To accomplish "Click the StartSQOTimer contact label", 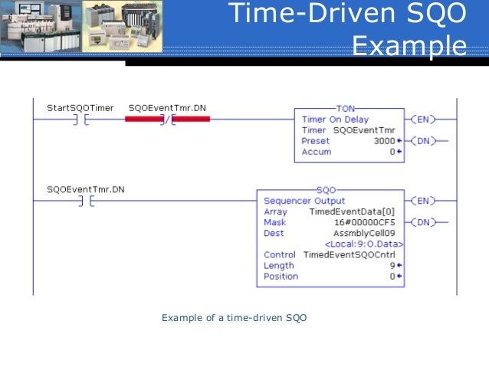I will coord(80,108).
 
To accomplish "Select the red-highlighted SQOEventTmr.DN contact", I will coord(169,120).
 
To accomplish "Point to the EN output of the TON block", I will coord(423,120).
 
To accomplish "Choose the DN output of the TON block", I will coord(423,141).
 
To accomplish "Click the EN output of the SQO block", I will coord(423,201).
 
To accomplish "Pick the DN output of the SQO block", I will coord(423,222).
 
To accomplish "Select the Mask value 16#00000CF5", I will coord(367,222).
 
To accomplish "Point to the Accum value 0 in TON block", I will coord(392,152).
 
